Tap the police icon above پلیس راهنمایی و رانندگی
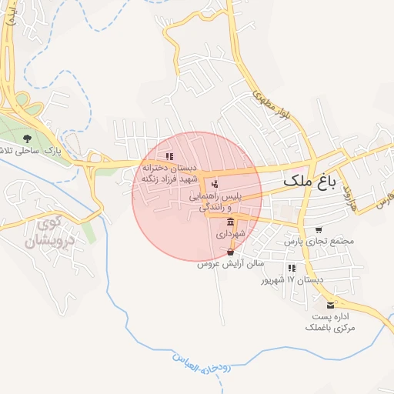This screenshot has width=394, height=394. coord(215,185)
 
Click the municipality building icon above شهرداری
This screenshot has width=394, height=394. coord(231,221)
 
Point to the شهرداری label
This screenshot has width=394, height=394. coord(230,232)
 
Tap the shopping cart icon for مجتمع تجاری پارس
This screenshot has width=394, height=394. coord(319,230)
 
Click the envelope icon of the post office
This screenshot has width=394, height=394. coord(331,305)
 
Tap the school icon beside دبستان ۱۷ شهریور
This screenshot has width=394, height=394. coord(292,268)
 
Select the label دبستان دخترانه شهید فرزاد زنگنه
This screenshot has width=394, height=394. coord(169,173)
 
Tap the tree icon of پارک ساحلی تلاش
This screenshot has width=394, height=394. coord(28,139)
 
